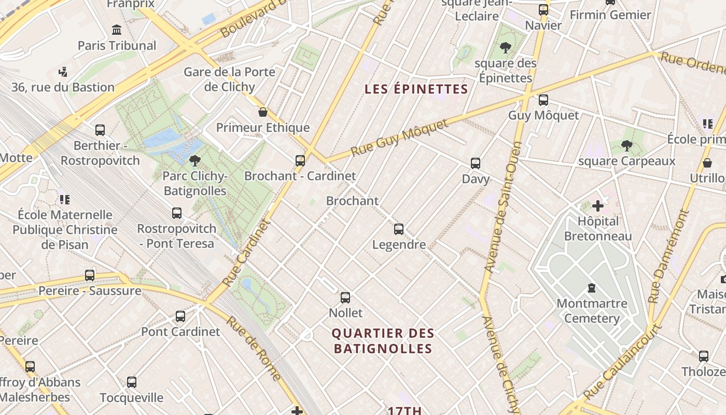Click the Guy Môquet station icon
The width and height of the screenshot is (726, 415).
543,100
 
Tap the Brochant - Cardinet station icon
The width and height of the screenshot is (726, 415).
300,161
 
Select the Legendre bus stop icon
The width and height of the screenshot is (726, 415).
398,229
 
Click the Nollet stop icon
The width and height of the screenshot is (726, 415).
345,298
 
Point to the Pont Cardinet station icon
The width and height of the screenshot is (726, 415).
180,316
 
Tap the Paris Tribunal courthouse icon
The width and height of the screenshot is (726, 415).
117,30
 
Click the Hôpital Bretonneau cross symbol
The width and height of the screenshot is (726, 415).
598,206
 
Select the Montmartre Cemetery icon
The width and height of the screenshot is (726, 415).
591,288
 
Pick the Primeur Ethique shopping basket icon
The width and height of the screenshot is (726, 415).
263,112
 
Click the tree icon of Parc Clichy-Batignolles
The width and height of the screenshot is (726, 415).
195,161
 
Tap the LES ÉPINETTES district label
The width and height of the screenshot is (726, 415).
416,89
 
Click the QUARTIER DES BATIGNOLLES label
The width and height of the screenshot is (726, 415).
383,341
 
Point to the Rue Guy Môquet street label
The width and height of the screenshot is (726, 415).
399,138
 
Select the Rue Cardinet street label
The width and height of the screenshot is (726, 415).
247,253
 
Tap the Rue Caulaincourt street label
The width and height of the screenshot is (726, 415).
622,362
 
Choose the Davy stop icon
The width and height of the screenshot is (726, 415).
476,163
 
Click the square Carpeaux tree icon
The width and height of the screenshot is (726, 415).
626,146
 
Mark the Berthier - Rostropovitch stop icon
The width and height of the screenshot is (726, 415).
100,130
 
